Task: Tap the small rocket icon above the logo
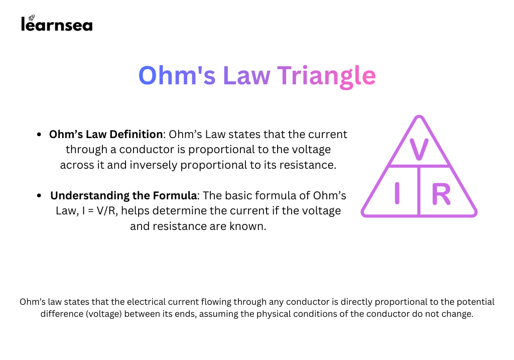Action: click(32, 18)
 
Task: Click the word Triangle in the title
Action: click(326, 76)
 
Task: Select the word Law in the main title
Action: click(246, 76)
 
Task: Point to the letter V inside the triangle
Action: click(419, 149)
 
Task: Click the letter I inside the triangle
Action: click(397, 193)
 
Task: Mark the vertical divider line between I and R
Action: click(419, 191)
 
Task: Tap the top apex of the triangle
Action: click(419, 116)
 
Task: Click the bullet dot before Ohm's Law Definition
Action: click(39, 135)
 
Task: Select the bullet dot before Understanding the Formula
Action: click(39, 196)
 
